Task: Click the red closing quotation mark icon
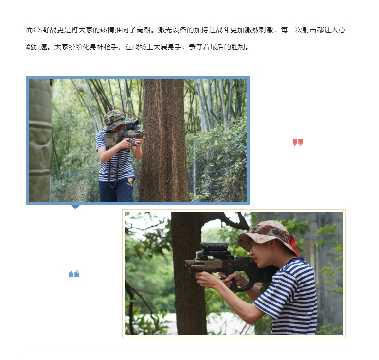point(298,142)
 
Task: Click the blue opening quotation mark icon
point(74,274)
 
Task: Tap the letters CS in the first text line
point(37,30)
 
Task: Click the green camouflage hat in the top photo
point(115,119)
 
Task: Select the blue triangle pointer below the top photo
point(75,207)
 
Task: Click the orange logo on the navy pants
point(130,181)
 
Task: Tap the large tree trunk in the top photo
point(164,140)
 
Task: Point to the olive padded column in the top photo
point(40,140)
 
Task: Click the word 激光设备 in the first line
point(172,30)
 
